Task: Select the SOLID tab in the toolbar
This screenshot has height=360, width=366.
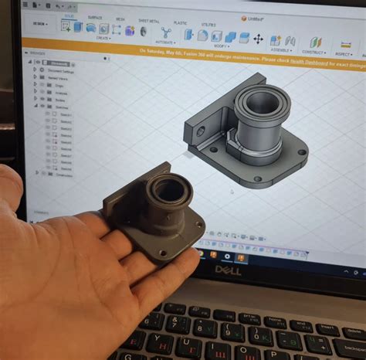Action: pyautogui.click(x=69, y=16)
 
